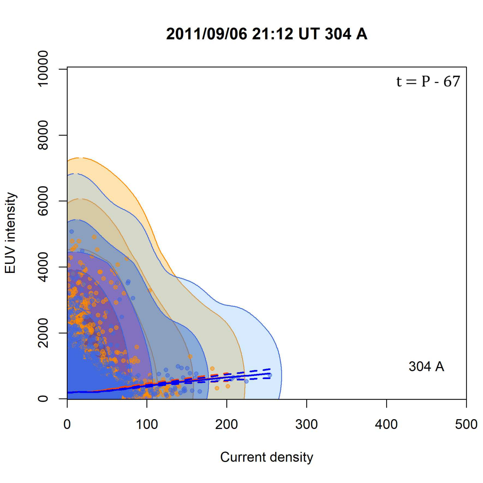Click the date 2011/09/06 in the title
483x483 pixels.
point(207,34)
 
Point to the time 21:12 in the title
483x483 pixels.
point(272,34)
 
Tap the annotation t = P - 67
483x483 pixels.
point(428,82)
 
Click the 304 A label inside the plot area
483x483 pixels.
point(426,366)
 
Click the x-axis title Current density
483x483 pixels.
point(266,457)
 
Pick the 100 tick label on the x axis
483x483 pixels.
point(147,424)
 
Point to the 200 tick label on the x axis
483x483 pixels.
point(226,424)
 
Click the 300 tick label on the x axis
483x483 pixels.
point(307,424)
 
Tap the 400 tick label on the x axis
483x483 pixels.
point(386,424)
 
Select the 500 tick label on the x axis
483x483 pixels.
point(466,424)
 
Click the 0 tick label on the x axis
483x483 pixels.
point(67,424)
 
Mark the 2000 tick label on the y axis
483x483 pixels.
point(43,333)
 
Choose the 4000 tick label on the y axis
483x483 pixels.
point(43,267)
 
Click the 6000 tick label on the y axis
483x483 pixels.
point(43,201)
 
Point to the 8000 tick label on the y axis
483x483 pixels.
point(43,135)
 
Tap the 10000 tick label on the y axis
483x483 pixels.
point(43,68)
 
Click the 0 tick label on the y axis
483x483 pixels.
point(43,399)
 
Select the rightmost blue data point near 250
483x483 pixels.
point(270,375)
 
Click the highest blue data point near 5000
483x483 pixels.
point(71,232)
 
